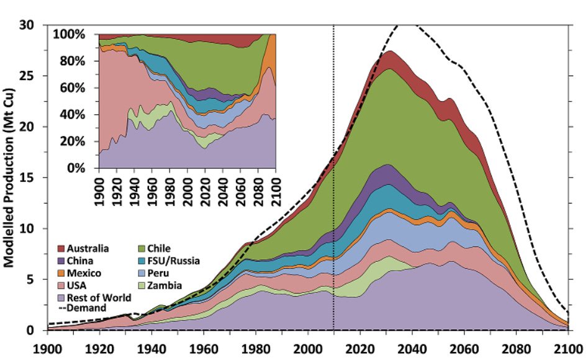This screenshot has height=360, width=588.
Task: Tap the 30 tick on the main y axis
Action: click(x=31, y=25)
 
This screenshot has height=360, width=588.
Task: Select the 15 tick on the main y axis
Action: click(x=31, y=178)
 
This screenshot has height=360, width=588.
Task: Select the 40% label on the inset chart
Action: click(x=78, y=115)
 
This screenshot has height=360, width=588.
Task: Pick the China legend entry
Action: click(x=77, y=261)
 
